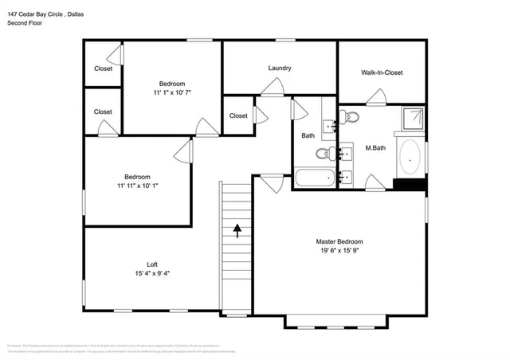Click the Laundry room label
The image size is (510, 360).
point(279,68)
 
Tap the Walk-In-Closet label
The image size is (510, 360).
point(382,72)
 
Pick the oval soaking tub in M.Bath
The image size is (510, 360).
point(411,158)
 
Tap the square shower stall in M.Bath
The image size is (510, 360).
point(412,119)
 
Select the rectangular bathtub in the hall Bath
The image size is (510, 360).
point(313,177)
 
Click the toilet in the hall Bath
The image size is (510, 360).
point(324,154)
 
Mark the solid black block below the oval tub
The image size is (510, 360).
point(410,185)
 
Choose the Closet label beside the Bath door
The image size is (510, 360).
point(238,115)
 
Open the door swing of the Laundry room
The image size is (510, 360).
point(273,88)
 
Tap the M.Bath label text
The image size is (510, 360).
point(376,148)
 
